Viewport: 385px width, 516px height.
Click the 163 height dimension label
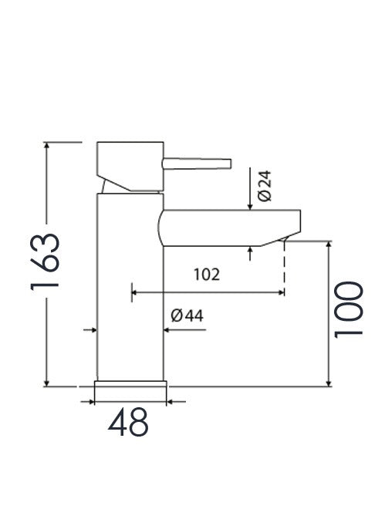pyautogui.click(x=46, y=261)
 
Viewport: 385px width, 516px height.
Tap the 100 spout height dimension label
pyautogui.click(x=349, y=309)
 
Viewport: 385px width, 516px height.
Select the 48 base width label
pyautogui.click(x=128, y=423)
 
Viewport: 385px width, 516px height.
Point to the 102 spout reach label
pyautogui.click(x=207, y=274)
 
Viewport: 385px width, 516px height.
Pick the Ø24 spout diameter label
pyautogui.click(x=265, y=186)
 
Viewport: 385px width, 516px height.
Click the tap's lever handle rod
pyautogui.click(x=197, y=162)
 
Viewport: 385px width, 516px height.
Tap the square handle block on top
pyautogui.click(x=130, y=164)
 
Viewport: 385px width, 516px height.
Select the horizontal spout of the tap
pyautogui.click(x=224, y=228)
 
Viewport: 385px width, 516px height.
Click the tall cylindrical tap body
pyautogui.click(x=130, y=293)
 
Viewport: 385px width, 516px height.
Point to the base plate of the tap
pyautogui.click(x=130, y=391)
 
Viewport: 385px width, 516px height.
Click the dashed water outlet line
pyautogui.click(x=284, y=266)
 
